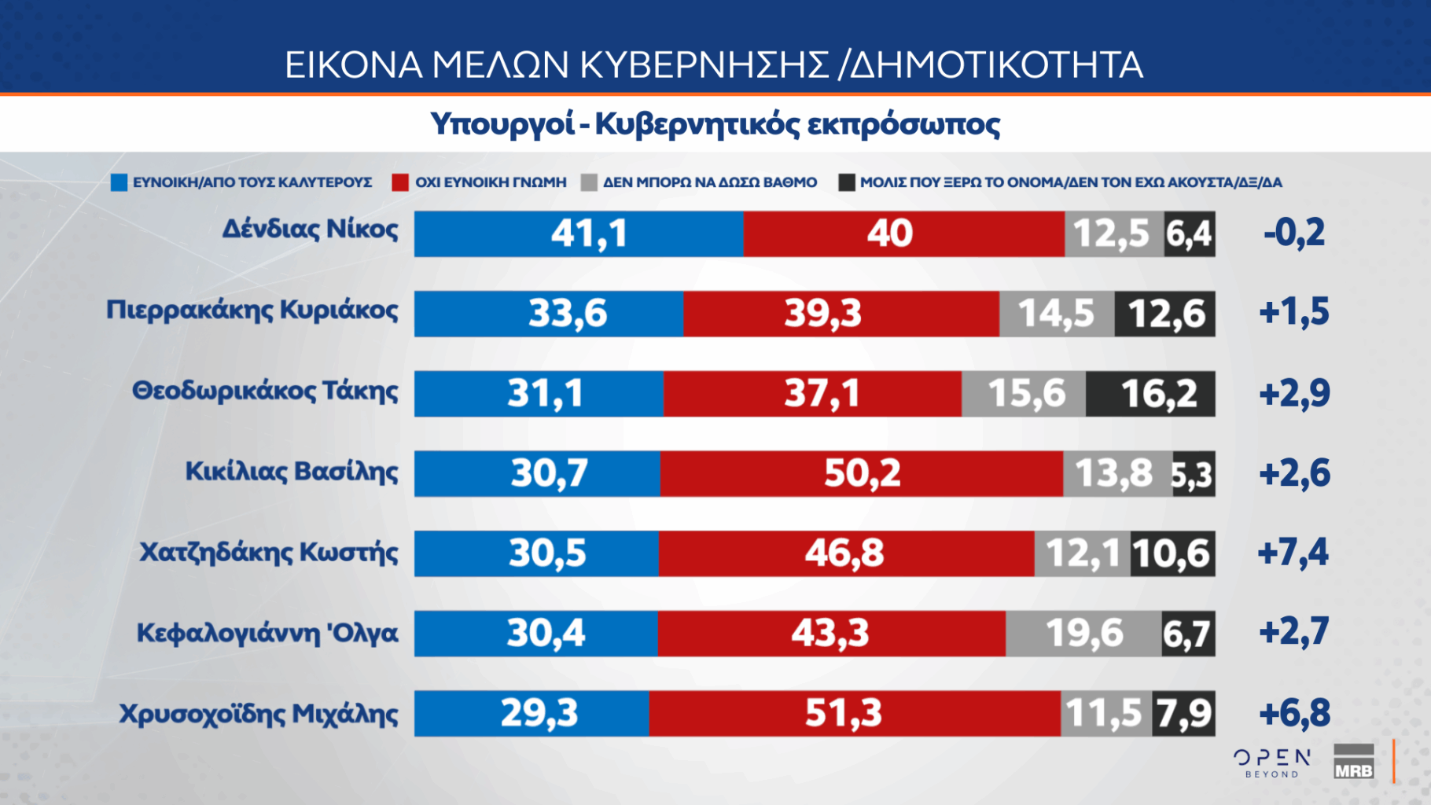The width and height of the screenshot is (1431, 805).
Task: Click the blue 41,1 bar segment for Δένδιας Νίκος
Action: [579, 233]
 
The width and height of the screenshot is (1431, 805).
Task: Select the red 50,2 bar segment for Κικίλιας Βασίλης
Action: [862, 473]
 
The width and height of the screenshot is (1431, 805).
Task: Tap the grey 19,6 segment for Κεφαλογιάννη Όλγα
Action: [1083, 634]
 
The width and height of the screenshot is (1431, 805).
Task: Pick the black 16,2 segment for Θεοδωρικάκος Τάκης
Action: [1150, 394]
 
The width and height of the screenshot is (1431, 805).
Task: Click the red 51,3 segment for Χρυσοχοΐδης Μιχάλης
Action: [855, 714]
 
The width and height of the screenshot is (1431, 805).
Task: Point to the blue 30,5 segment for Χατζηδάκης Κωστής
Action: [536, 553]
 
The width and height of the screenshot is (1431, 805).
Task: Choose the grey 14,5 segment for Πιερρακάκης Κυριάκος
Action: [1057, 314]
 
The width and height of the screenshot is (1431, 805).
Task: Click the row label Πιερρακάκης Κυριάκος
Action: [252, 310]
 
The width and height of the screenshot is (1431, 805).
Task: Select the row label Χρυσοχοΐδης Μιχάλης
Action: [259, 714]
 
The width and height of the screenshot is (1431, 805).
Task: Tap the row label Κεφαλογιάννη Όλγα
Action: [267, 633]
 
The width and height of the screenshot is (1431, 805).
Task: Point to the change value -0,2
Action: [1294, 233]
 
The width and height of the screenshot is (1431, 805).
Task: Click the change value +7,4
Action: [1293, 553]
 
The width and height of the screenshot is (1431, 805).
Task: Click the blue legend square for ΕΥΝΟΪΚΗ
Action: [119, 182]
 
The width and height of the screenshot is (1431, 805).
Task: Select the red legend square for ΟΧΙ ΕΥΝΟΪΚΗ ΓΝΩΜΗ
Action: [400, 182]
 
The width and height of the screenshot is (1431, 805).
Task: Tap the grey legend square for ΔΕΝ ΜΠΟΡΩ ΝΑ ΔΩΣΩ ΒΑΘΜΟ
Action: [589, 182]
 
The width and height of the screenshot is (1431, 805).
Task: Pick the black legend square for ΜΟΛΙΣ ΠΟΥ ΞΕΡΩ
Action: [847, 182]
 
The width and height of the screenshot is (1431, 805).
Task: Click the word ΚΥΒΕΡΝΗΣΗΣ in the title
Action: [704, 64]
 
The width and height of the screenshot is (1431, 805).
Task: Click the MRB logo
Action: [1353, 763]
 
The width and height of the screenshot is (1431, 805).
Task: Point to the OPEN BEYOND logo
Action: [1272, 763]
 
